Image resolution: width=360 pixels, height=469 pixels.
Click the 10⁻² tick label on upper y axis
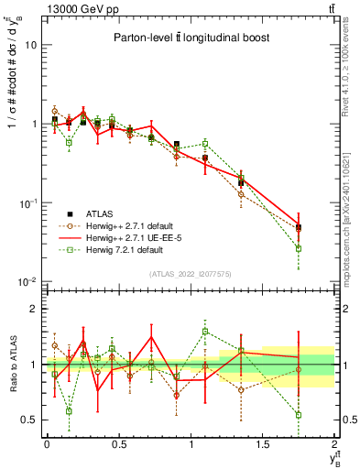click(x=28, y=281)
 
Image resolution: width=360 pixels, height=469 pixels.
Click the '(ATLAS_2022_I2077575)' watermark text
click(x=191, y=273)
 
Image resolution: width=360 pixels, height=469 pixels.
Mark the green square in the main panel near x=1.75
click(x=299, y=248)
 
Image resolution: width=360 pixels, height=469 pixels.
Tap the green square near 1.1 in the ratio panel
click(x=205, y=332)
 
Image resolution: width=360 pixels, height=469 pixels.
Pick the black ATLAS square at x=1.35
click(x=241, y=183)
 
